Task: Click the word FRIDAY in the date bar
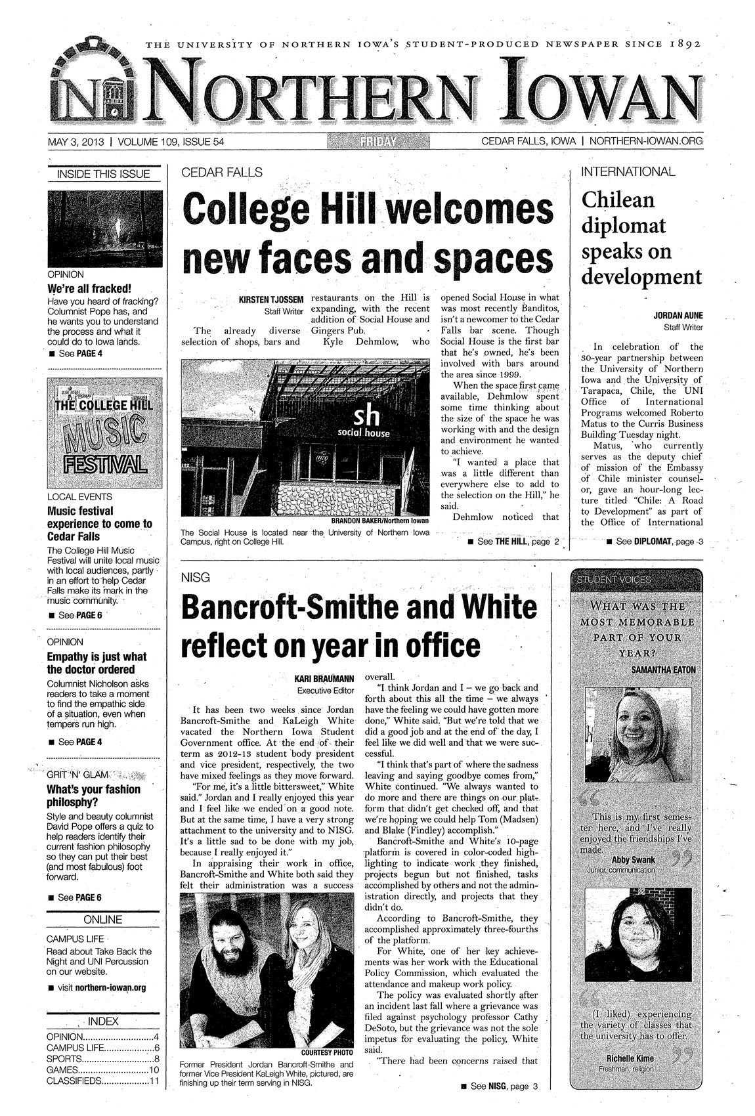point(379,141)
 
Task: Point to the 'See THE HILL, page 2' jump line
point(513,542)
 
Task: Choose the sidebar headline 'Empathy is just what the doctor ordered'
point(97,663)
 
